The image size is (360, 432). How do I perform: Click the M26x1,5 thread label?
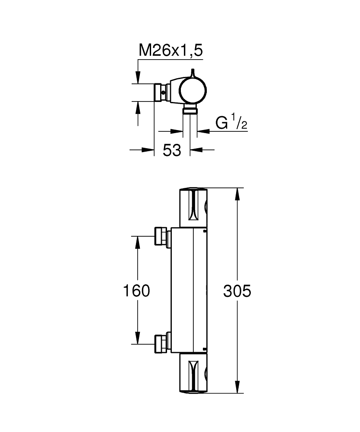pos(171,51)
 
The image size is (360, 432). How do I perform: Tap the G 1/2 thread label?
pos(231,123)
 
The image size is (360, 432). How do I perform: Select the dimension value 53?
pos(172,150)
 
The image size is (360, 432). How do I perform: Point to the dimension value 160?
pos(136,291)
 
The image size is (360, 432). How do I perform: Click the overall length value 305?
pos(237,291)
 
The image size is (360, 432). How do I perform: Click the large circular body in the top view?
pos(193,91)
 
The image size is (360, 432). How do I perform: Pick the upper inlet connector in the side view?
pos(162,236)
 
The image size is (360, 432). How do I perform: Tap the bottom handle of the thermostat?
pos(193,373)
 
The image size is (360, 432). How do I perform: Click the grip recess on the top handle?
pos(193,206)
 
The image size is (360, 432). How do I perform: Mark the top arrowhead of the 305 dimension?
pos(237,194)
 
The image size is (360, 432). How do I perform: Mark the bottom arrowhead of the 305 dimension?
pos(237,387)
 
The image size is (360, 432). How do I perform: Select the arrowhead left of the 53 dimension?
pos(148,150)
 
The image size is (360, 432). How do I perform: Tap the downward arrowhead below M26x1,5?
pos(138,77)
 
